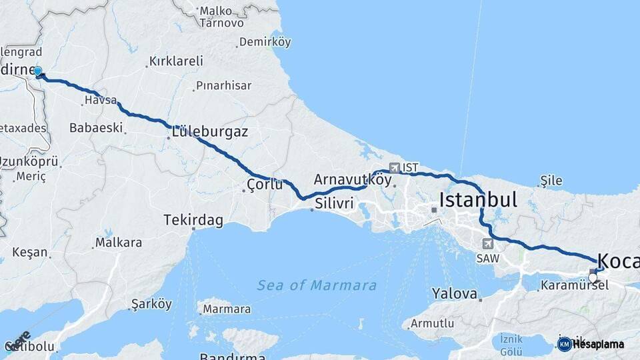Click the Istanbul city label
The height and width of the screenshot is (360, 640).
[x=478, y=199]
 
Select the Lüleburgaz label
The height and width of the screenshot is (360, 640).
[x=209, y=131]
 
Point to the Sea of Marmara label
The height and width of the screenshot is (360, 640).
[x=317, y=285]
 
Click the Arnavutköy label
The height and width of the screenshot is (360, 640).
[x=352, y=179]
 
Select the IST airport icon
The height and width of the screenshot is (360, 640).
[x=395, y=167]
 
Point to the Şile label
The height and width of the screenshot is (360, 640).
[x=551, y=181]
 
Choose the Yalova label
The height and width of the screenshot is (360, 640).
[x=454, y=293]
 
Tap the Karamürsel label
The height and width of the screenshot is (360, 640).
[x=565, y=285]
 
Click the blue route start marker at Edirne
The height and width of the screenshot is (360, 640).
[x=37, y=71]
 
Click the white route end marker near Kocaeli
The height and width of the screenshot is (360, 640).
[x=593, y=278]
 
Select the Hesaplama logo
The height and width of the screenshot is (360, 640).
[x=591, y=344]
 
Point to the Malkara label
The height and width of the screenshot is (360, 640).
[x=119, y=243]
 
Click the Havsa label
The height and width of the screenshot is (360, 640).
[x=99, y=102]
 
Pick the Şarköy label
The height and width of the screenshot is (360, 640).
[x=151, y=304]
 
